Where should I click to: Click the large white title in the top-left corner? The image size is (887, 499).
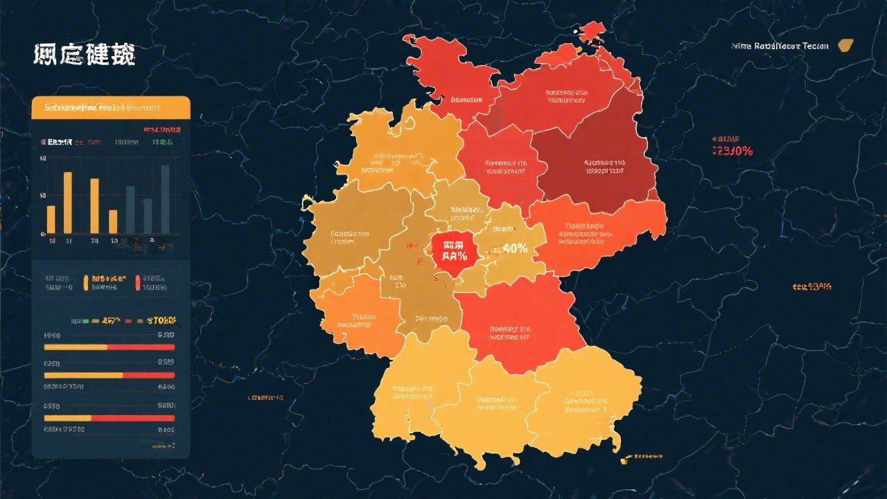click(x=84, y=55)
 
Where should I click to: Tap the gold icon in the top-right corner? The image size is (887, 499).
click(x=845, y=46)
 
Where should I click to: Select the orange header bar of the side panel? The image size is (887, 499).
click(x=111, y=107)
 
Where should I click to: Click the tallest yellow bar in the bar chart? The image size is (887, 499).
click(x=68, y=202)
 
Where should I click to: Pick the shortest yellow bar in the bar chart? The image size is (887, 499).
click(x=113, y=221)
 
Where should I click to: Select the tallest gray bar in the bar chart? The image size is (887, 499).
click(x=165, y=199)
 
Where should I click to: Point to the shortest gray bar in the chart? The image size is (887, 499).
click(x=148, y=216)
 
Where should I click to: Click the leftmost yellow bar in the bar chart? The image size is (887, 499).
click(x=51, y=219)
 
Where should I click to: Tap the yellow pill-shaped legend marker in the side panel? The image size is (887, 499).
click(x=86, y=282)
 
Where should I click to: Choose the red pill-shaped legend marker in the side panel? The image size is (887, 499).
click(x=138, y=282)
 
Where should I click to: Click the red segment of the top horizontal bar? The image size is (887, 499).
click(x=141, y=347)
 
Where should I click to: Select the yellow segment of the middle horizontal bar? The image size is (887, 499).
click(x=83, y=375)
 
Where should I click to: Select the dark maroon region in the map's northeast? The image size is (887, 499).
click(x=596, y=166)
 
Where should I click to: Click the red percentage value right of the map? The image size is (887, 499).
click(x=732, y=151)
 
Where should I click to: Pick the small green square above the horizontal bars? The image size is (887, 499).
click(x=85, y=322)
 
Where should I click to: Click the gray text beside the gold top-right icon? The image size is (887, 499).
click(x=780, y=46)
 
